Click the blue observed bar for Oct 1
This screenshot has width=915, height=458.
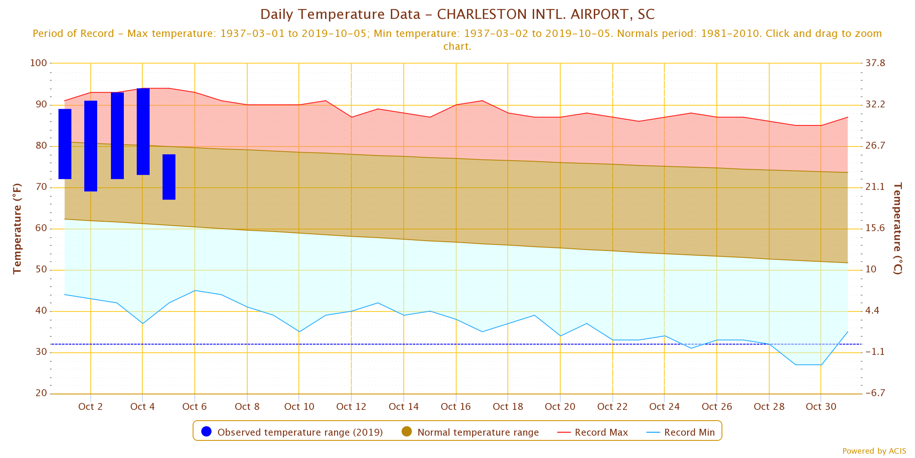click(65, 144)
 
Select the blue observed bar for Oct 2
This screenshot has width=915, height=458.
click(91, 146)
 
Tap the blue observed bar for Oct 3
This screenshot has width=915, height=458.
click(117, 136)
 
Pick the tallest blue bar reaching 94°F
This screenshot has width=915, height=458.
click(143, 131)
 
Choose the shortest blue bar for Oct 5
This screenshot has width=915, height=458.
click(169, 177)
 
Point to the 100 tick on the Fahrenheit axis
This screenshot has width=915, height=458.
click(38, 63)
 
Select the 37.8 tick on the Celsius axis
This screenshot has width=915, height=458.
click(875, 63)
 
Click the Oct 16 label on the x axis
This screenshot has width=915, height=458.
click(456, 406)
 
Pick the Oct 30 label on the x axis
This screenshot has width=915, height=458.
click(821, 406)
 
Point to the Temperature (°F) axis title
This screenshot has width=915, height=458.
click(17, 229)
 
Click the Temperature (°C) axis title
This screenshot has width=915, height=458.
click(898, 229)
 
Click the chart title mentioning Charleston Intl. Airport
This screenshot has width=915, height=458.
click(457, 14)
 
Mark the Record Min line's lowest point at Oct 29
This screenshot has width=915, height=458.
click(795, 365)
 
